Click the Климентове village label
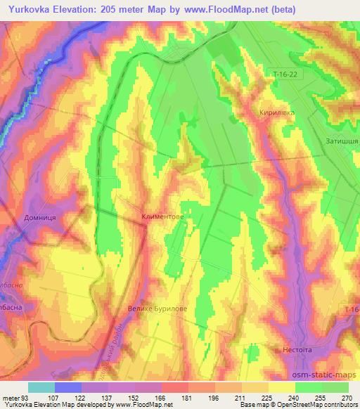coord(162,218)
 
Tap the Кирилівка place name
coord(276,112)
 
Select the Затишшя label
coord(342,141)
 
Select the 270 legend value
coord(347,397)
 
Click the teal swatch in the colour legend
coord(41,387)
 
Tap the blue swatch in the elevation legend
coord(68,387)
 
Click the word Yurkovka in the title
coord(30,10)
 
